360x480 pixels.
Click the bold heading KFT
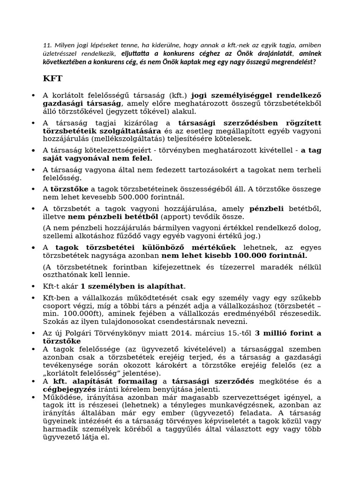tap(52, 77)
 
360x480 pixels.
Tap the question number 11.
tap(46, 45)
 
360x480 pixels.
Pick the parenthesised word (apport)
tap(177, 217)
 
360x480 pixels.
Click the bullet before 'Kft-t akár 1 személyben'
tap(33, 286)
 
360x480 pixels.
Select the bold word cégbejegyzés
tap(70, 389)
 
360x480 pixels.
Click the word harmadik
tap(61, 429)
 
